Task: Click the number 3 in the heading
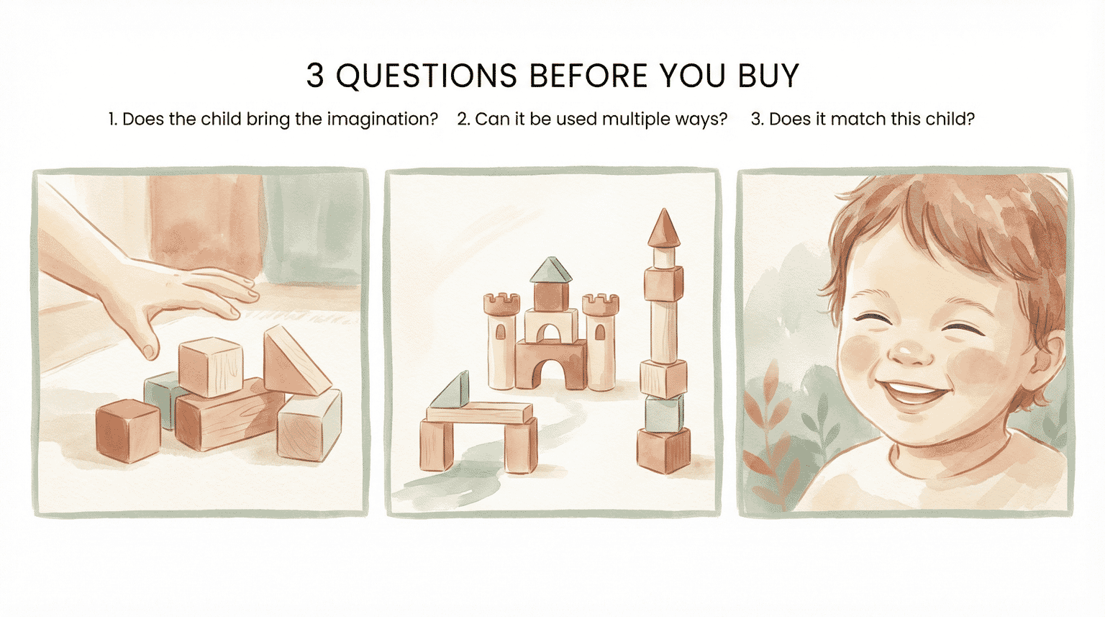(x=315, y=76)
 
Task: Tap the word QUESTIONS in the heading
(x=427, y=76)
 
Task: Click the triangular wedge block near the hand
(x=291, y=361)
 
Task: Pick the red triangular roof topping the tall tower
(x=663, y=229)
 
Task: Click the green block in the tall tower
(x=663, y=413)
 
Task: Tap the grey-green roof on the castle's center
(x=551, y=271)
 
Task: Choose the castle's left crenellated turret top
(x=501, y=304)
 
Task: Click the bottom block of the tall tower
(x=663, y=450)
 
